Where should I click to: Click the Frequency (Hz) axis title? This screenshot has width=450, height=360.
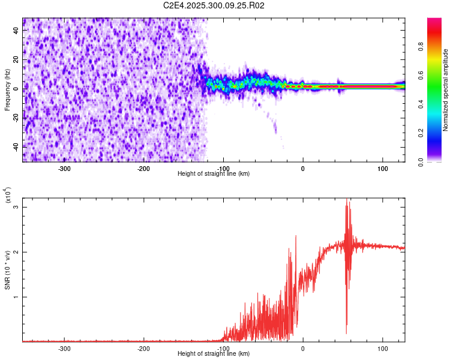(x=7, y=90)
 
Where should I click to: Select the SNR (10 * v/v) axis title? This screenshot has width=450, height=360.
(x=7, y=270)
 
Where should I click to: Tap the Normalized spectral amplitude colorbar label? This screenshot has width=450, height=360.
(x=446, y=90)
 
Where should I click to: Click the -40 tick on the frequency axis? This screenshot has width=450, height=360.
(x=14, y=147)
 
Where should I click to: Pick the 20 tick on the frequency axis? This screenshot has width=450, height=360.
(x=16, y=59)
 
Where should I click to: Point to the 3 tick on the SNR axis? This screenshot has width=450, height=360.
(x=17, y=207)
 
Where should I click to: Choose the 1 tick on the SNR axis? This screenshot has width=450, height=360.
(x=17, y=297)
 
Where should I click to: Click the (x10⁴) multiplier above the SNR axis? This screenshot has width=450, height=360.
(x=8, y=196)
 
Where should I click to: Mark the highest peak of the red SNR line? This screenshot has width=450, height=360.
(x=347, y=200)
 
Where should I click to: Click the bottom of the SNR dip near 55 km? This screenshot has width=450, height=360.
(x=346, y=334)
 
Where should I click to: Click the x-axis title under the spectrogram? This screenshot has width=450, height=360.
(x=214, y=174)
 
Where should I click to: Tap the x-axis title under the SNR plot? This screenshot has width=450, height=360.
(x=214, y=354)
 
